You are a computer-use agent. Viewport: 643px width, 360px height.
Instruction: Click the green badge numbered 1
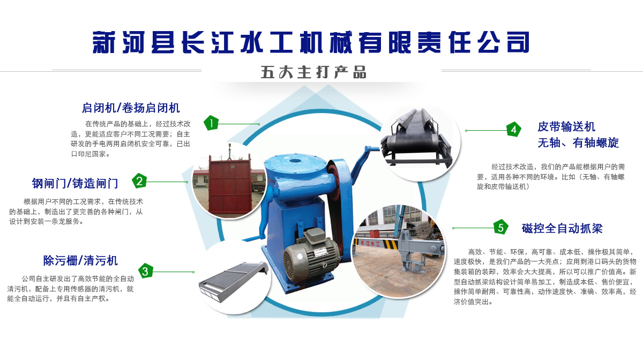(x=211, y=123)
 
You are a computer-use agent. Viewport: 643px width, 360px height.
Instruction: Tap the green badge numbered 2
(x=139, y=181)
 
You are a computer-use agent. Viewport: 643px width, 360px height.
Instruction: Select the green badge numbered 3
(x=146, y=271)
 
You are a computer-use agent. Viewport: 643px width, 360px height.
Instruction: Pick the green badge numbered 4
(x=514, y=130)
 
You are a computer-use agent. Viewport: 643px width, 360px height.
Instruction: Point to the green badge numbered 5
(x=501, y=227)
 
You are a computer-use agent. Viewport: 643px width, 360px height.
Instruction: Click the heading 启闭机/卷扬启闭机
(x=131, y=108)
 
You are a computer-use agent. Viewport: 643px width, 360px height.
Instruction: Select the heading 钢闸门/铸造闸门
(x=75, y=183)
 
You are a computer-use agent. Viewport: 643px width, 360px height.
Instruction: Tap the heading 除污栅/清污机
(x=80, y=260)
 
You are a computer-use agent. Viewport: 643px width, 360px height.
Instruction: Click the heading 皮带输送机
(x=566, y=126)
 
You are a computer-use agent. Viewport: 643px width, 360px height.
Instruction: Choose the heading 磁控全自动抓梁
(x=562, y=228)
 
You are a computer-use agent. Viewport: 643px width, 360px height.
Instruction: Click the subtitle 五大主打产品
(x=313, y=72)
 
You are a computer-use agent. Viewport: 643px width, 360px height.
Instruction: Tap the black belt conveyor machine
(x=416, y=138)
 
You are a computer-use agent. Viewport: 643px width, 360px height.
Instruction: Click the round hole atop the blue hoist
(x=295, y=160)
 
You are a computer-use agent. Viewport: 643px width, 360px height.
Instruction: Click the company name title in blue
(x=311, y=42)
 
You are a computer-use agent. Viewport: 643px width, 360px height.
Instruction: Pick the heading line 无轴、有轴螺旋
(x=578, y=142)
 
